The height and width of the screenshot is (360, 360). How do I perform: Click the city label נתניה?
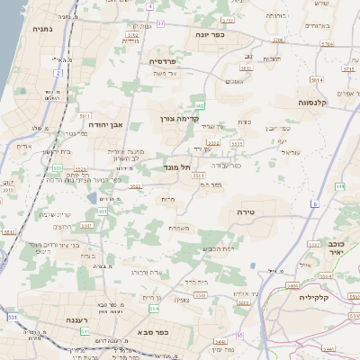(x=42, y=30)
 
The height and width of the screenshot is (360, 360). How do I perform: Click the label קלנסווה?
(x=310, y=103)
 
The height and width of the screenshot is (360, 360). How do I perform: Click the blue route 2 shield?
(x=58, y=72)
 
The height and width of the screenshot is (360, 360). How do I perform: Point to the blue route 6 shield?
(x=315, y=204)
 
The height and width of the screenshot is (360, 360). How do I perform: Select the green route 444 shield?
(x=341, y=185)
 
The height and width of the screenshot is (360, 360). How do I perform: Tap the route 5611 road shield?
(x=85, y=116)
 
